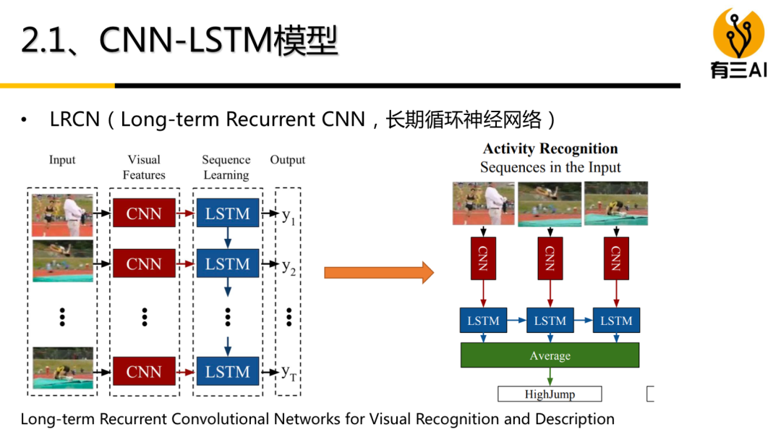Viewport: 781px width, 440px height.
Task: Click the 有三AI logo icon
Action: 738,33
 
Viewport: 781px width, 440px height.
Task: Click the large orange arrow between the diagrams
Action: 378,273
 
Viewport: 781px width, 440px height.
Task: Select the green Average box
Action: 550,355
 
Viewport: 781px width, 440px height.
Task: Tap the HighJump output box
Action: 550,394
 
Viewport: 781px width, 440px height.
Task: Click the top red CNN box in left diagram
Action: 143,213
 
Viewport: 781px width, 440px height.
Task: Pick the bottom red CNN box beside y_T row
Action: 143,372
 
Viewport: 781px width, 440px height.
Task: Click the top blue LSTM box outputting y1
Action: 227,213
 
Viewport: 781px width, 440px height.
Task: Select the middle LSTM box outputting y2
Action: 227,264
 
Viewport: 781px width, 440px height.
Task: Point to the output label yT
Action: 289,373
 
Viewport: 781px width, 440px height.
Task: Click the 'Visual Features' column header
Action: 144,167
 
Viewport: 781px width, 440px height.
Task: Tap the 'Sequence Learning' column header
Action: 226,167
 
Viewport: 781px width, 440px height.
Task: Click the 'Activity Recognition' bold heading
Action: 550,149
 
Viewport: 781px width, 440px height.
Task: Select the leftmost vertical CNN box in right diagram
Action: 483,258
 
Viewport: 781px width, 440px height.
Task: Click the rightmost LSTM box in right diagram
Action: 616,321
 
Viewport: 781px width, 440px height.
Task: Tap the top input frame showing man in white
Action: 62,213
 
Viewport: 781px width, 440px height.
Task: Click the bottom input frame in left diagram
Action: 62,368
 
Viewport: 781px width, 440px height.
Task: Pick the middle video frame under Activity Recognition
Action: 550,203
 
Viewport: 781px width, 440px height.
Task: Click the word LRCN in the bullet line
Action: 74,119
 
